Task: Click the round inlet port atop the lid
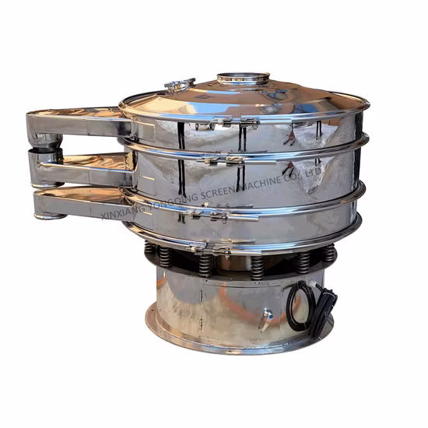[242, 79]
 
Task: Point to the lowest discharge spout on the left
[78, 204]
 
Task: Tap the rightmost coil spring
[330, 253]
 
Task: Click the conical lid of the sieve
[296, 97]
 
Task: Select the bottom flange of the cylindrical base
[233, 342]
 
